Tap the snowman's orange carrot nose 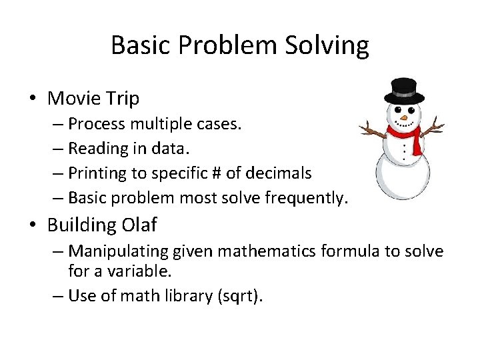[x=403, y=119]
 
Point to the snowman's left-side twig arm [x=371, y=129]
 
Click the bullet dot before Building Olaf [x=33, y=225]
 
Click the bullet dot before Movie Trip [x=33, y=99]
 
